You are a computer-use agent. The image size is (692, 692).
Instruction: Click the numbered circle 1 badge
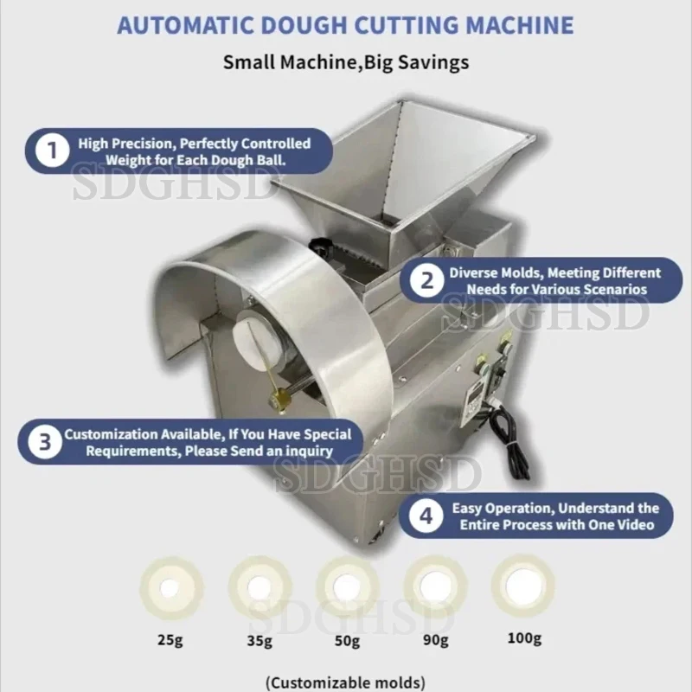click(x=52, y=151)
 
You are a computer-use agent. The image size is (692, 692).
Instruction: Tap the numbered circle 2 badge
click(x=426, y=280)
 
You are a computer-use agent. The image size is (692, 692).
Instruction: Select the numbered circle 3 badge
click(x=45, y=442)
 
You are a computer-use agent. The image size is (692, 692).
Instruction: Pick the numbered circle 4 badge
click(x=426, y=516)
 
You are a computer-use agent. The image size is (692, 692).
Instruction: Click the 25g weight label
click(x=170, y=639)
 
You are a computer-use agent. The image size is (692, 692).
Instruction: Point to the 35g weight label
click(x=259, y=640)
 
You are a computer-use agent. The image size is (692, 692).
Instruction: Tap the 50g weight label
click(x=348, y=640)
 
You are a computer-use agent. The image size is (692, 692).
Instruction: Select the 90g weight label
click(x=436, y=639)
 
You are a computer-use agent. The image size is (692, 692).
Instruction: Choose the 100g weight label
click(x=524, y=638)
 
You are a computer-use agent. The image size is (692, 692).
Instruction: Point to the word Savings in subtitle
click(x=433, y=62)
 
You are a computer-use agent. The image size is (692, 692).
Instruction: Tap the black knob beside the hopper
click(x=324, y=247)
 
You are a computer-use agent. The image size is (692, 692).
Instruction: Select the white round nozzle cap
click(x=254, y=338)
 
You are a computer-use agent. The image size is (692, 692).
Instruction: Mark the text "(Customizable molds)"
click(x=346, y=682)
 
